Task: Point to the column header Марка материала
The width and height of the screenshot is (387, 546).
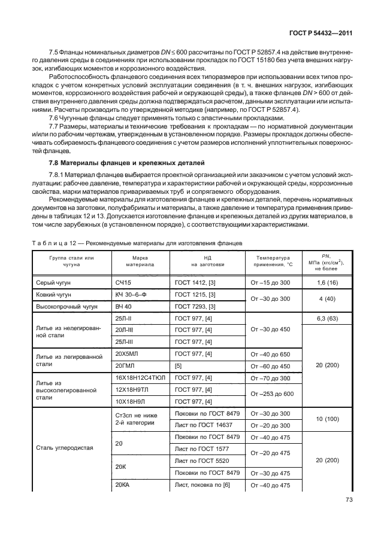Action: pos(140,260)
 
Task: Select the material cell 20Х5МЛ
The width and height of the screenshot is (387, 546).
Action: pos(128,354)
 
